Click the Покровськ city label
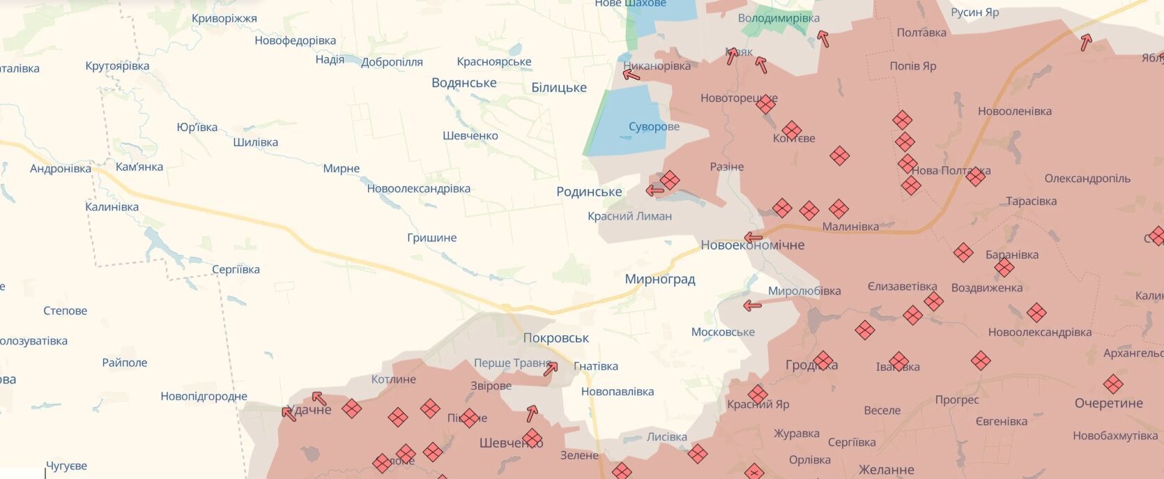coord(556,338)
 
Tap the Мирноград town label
coord(659,280)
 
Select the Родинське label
coord(589,192)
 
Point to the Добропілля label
coord(392,62)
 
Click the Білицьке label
coord(558,88)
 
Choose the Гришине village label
coord(431,238)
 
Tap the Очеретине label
coord(1108,403)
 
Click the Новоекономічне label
coord(752,245)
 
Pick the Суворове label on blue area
coord(654,127)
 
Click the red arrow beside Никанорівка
coord(631,73)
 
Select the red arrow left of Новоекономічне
coord(753,237)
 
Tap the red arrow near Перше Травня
coord(551,368)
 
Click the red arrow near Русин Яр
coord(1085,43)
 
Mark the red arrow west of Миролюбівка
coord(751,305)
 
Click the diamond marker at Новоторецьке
coord(765,105)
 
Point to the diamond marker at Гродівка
coord(823,360)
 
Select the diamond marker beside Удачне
coord(351,409)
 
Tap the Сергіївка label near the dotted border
coord(236,270)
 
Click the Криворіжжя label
coord(224,19)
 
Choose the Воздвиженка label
coord(986,287)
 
